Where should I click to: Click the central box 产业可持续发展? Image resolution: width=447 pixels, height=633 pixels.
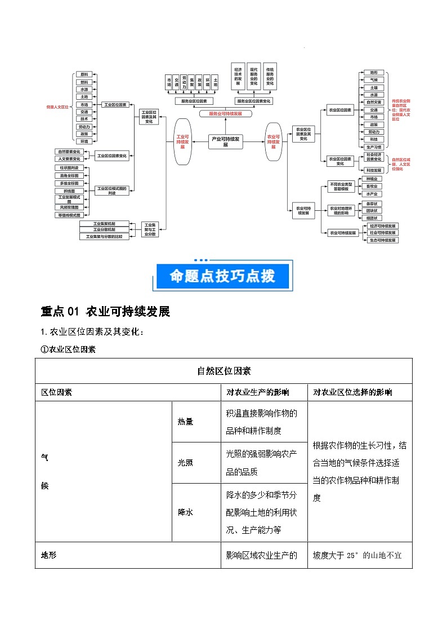coord(225,141)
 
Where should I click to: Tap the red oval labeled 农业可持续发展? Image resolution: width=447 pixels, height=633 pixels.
coord(274,141)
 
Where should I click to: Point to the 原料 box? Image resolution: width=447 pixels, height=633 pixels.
coord(84,74)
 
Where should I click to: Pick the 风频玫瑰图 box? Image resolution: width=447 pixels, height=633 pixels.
coord(70,207)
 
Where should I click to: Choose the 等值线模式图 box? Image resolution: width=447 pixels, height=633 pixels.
coord(70,215)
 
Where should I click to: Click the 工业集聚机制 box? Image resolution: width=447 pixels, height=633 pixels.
coord(105,223)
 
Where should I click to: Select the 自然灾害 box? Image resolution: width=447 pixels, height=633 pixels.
coord(374,102)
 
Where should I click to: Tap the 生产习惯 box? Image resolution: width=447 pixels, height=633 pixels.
coord(374,147)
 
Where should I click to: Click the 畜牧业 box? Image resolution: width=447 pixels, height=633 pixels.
coord(372,186)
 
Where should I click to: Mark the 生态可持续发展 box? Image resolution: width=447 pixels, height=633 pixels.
coord(383,240)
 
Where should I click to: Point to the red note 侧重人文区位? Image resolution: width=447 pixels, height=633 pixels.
coord(57,106)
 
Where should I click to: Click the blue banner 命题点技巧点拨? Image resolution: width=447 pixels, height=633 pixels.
coord(223,276)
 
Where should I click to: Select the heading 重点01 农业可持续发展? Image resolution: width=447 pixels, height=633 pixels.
coord(105,312)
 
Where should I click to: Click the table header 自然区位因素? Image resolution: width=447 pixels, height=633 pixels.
coord(223,371)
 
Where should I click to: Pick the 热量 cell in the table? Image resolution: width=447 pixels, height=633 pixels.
coord(185,422)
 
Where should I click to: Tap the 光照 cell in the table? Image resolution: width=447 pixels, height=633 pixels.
coord(185,463)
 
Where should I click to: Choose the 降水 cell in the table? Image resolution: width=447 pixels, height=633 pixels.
coord(185,512)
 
